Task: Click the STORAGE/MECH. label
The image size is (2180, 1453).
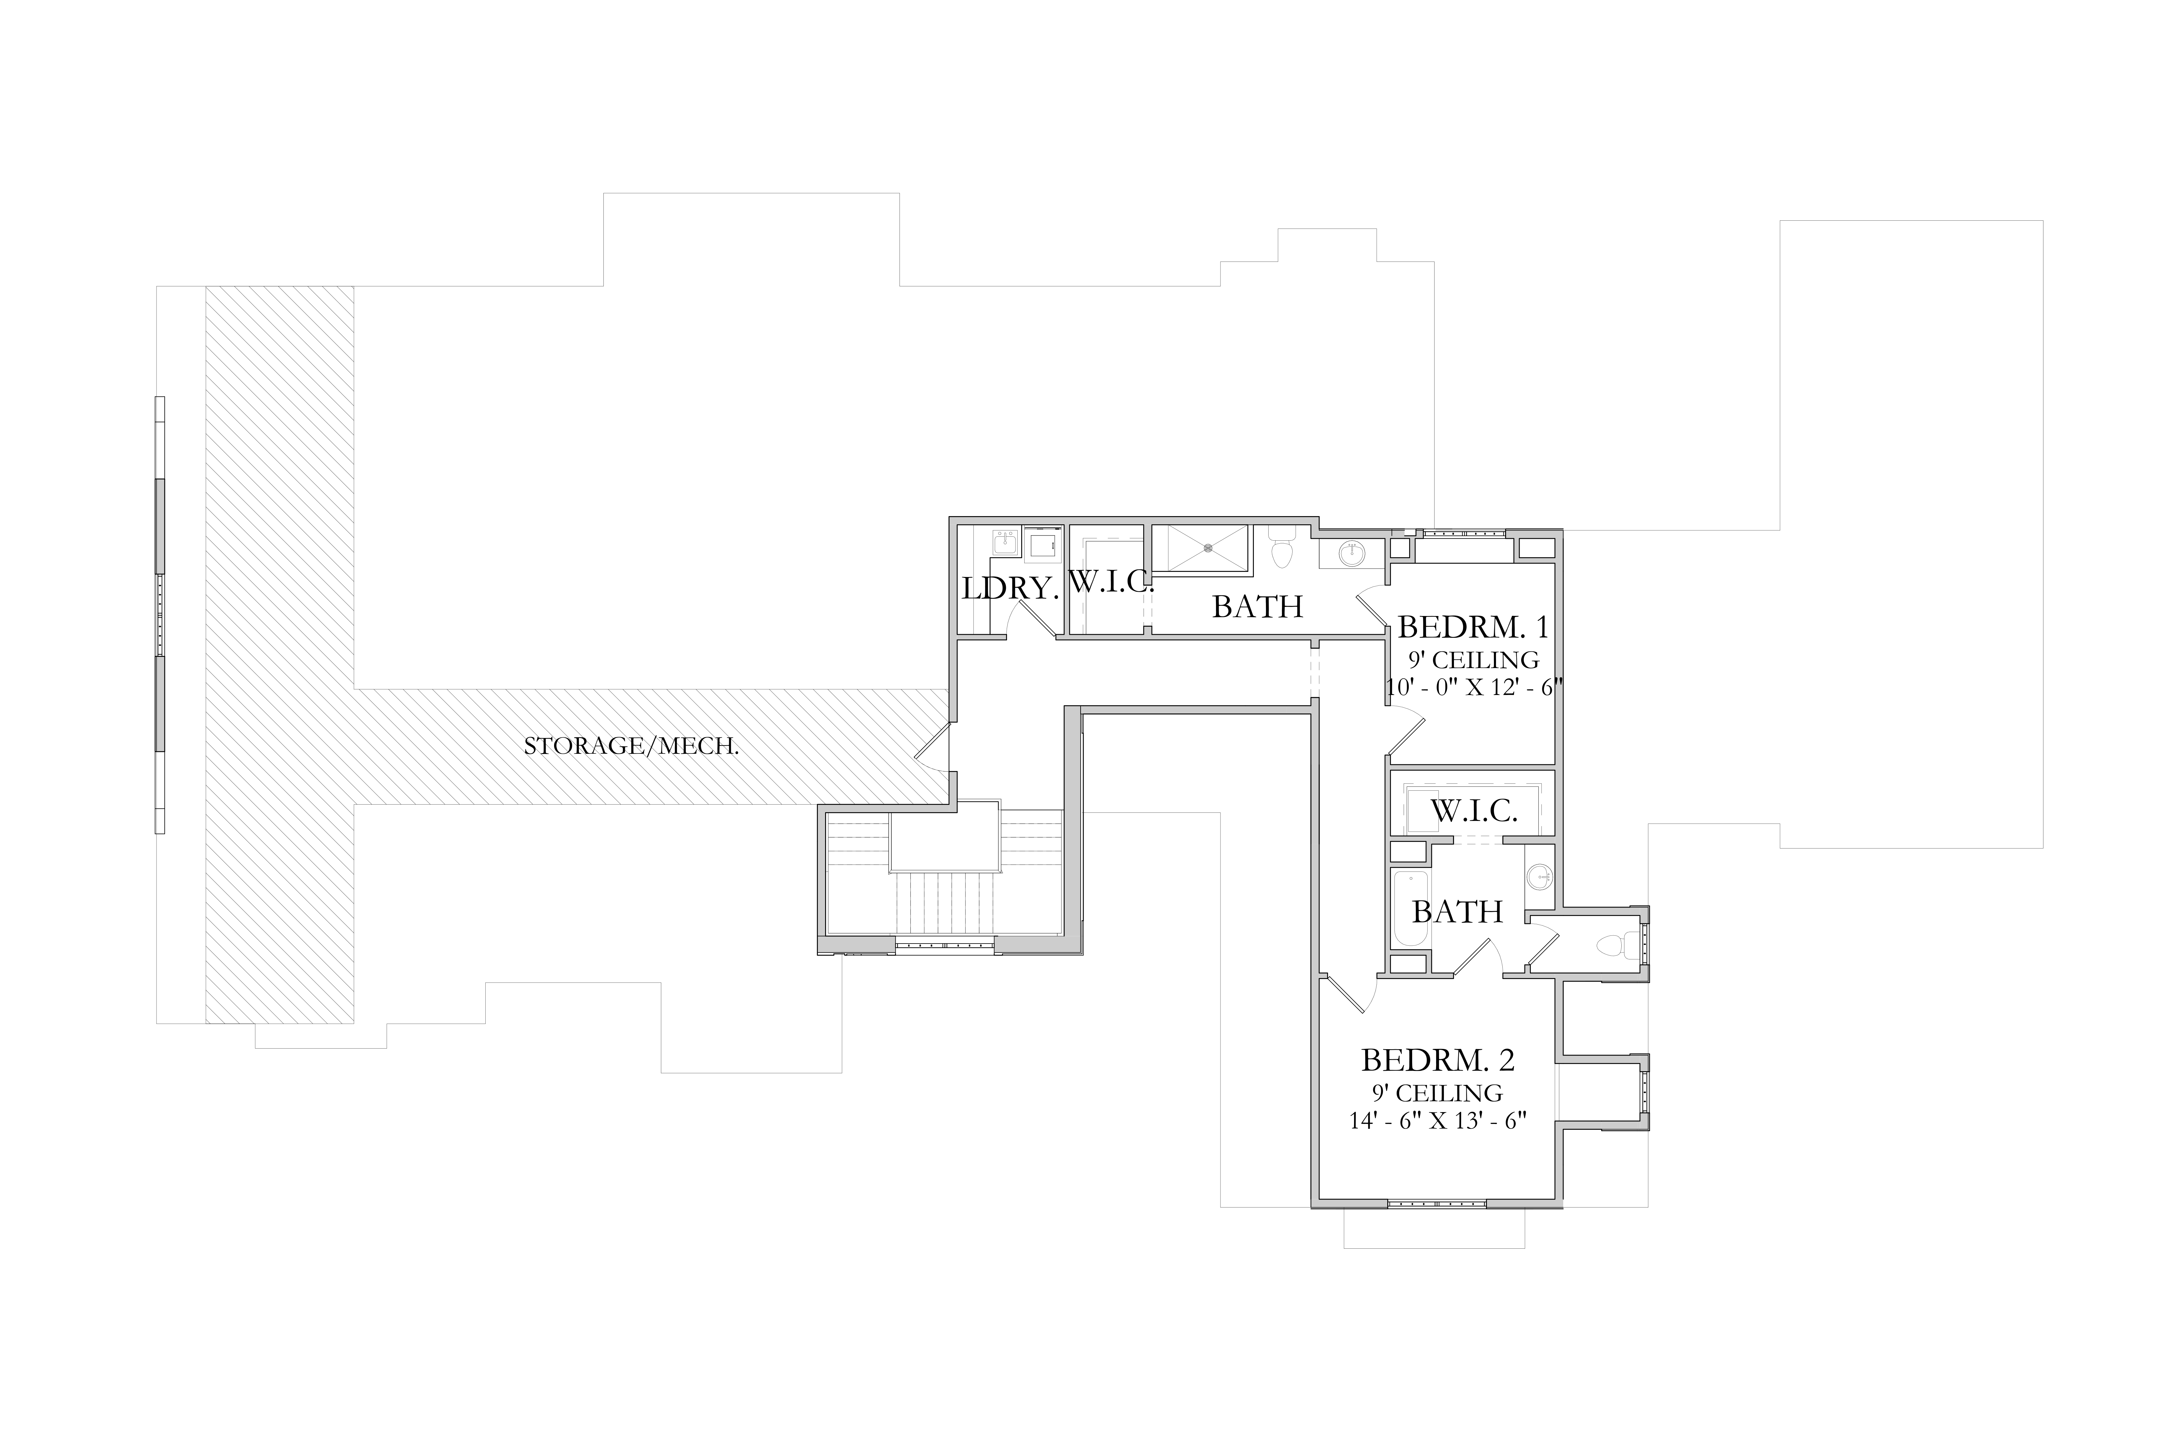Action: pos(631,746)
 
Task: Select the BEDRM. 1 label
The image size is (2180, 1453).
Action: pos(1473,627)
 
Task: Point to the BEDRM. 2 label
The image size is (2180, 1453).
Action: pos(1438,1059)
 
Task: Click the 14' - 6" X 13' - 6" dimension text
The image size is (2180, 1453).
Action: pos(1438,1120)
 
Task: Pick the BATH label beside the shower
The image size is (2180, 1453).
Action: pos(1258,607)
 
